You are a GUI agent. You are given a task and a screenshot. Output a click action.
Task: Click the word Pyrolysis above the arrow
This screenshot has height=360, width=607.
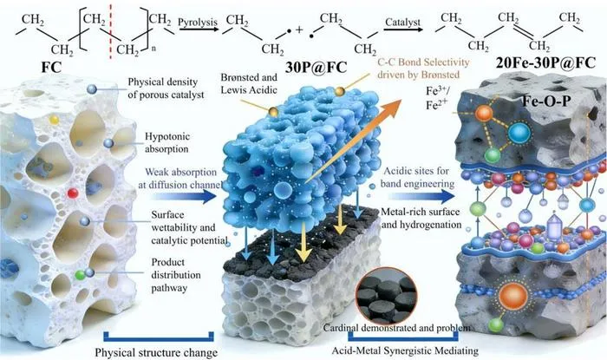click(198, 23)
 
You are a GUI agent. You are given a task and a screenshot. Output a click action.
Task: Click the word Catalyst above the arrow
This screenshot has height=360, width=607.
click(402, 23)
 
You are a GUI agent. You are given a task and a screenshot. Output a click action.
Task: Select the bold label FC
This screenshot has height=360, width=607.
click(51, 67)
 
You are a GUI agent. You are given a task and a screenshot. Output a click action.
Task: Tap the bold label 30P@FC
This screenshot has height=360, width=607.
click(317, 68)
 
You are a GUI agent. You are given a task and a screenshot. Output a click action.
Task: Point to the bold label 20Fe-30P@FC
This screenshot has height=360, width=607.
click(545, 62)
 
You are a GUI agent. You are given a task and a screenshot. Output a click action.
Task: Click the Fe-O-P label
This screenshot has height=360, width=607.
click(546, 101)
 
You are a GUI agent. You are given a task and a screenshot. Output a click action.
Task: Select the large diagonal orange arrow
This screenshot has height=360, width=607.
click(353, 141)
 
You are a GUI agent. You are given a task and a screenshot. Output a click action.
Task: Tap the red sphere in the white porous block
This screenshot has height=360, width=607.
click(72, 193)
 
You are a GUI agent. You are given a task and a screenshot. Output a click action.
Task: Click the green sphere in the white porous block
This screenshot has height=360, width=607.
click(80, 275)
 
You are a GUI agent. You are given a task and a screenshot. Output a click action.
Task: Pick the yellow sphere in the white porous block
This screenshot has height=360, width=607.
click(54, 120)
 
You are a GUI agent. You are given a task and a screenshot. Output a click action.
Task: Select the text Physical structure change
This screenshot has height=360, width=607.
click(156, 353)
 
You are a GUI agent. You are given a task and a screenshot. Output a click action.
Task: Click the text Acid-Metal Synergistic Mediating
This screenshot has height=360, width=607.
click(405, 350)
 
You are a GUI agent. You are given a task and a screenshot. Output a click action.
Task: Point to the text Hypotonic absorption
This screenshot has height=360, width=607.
click(167, 142)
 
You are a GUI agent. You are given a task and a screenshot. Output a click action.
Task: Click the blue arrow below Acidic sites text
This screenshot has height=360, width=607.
click(421, 196)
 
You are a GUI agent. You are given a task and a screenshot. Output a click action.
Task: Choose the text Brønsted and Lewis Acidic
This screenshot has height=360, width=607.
click(249, 83)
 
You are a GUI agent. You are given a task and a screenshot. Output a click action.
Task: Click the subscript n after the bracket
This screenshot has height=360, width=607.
click(153, 49)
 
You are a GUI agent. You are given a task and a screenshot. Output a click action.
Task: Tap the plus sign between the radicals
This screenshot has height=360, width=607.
click(299, 29)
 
